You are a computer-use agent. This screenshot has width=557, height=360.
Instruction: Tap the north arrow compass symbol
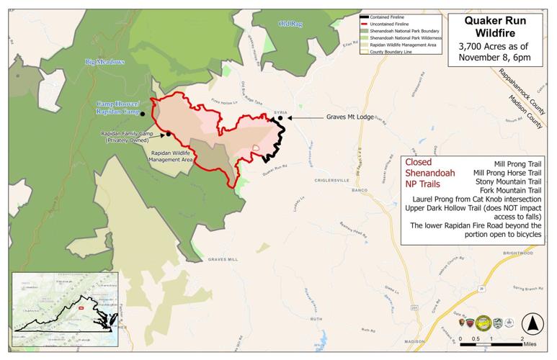coord(531,323)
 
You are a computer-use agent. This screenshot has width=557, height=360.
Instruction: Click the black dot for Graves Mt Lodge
coord(281,117)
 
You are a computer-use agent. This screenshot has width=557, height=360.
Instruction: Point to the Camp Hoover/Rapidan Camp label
coord(118,108)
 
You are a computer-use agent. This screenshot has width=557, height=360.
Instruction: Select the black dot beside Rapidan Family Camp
coord(168,134)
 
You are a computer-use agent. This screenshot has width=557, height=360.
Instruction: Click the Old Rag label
coord(290,24)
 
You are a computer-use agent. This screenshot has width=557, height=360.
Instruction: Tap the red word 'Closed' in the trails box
coord(419,163)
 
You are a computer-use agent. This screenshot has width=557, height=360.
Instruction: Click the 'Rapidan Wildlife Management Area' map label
coord(171,156)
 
